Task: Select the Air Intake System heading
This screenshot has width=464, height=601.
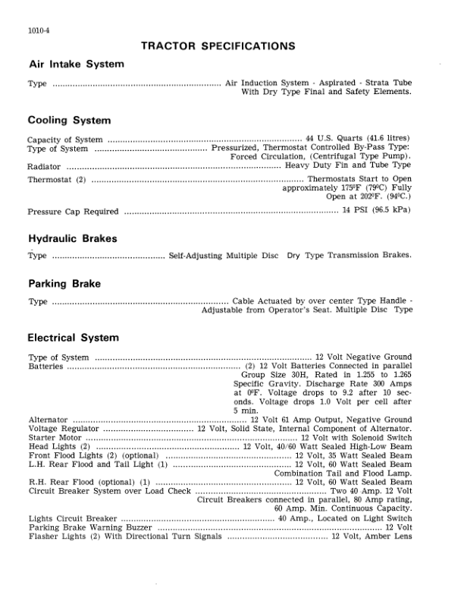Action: pos(76,65)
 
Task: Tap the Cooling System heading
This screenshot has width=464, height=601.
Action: pos(69,120)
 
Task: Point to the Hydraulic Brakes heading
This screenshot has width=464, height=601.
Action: pos(72,238)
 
